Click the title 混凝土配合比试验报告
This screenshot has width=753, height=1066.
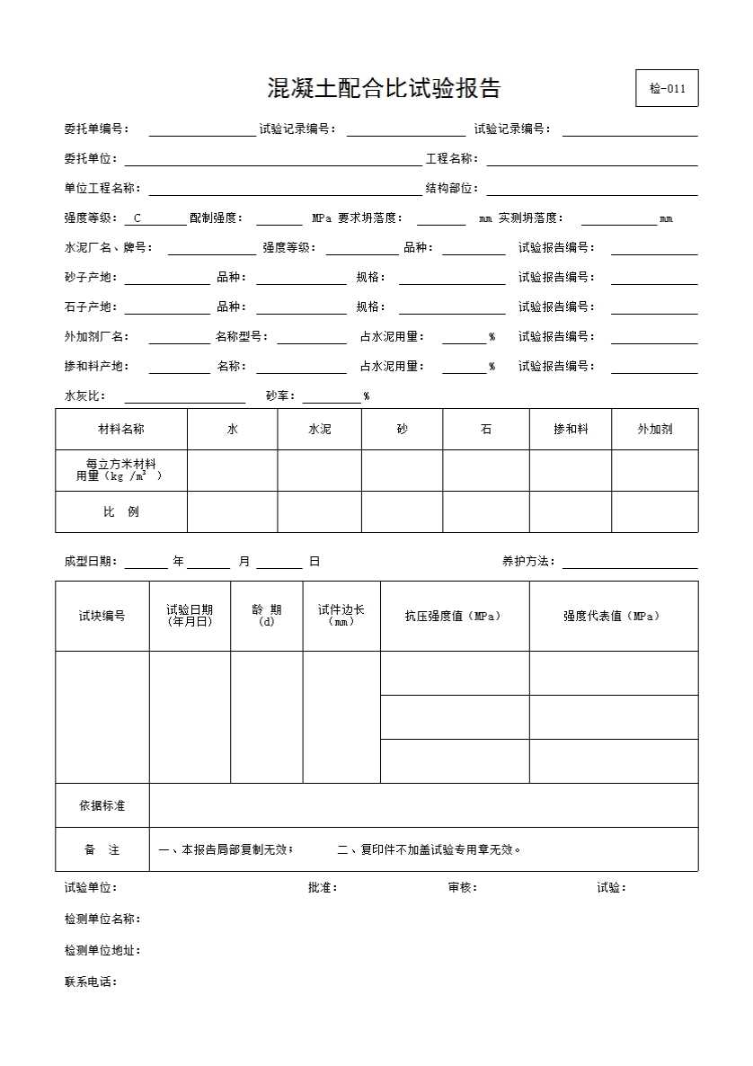[384, 88]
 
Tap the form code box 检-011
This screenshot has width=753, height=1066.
[667, 88]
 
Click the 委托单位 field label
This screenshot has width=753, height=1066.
[90, 159]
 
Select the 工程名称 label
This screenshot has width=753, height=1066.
[451, 159]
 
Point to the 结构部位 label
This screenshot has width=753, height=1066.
[451, 189]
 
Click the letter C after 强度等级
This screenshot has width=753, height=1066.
[137, 218]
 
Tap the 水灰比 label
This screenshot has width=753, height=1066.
[84, 396]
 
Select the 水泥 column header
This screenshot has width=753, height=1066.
[319, 430]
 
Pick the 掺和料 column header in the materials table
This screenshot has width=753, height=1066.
[571, 430]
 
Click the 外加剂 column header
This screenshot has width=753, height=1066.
[655, 430]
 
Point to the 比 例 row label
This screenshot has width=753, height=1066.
[121, 512]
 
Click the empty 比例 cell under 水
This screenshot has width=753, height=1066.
[232, 512]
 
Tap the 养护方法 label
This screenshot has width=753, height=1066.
[528, 562]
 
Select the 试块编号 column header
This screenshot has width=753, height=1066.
[102, 617]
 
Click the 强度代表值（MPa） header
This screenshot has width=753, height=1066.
[613, 617]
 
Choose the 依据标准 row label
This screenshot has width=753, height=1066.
[102, 805]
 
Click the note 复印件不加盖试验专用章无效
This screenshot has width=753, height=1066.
[430, 849]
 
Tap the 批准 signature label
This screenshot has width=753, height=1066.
[322, 888]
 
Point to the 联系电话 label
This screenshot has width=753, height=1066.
[90, 982]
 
